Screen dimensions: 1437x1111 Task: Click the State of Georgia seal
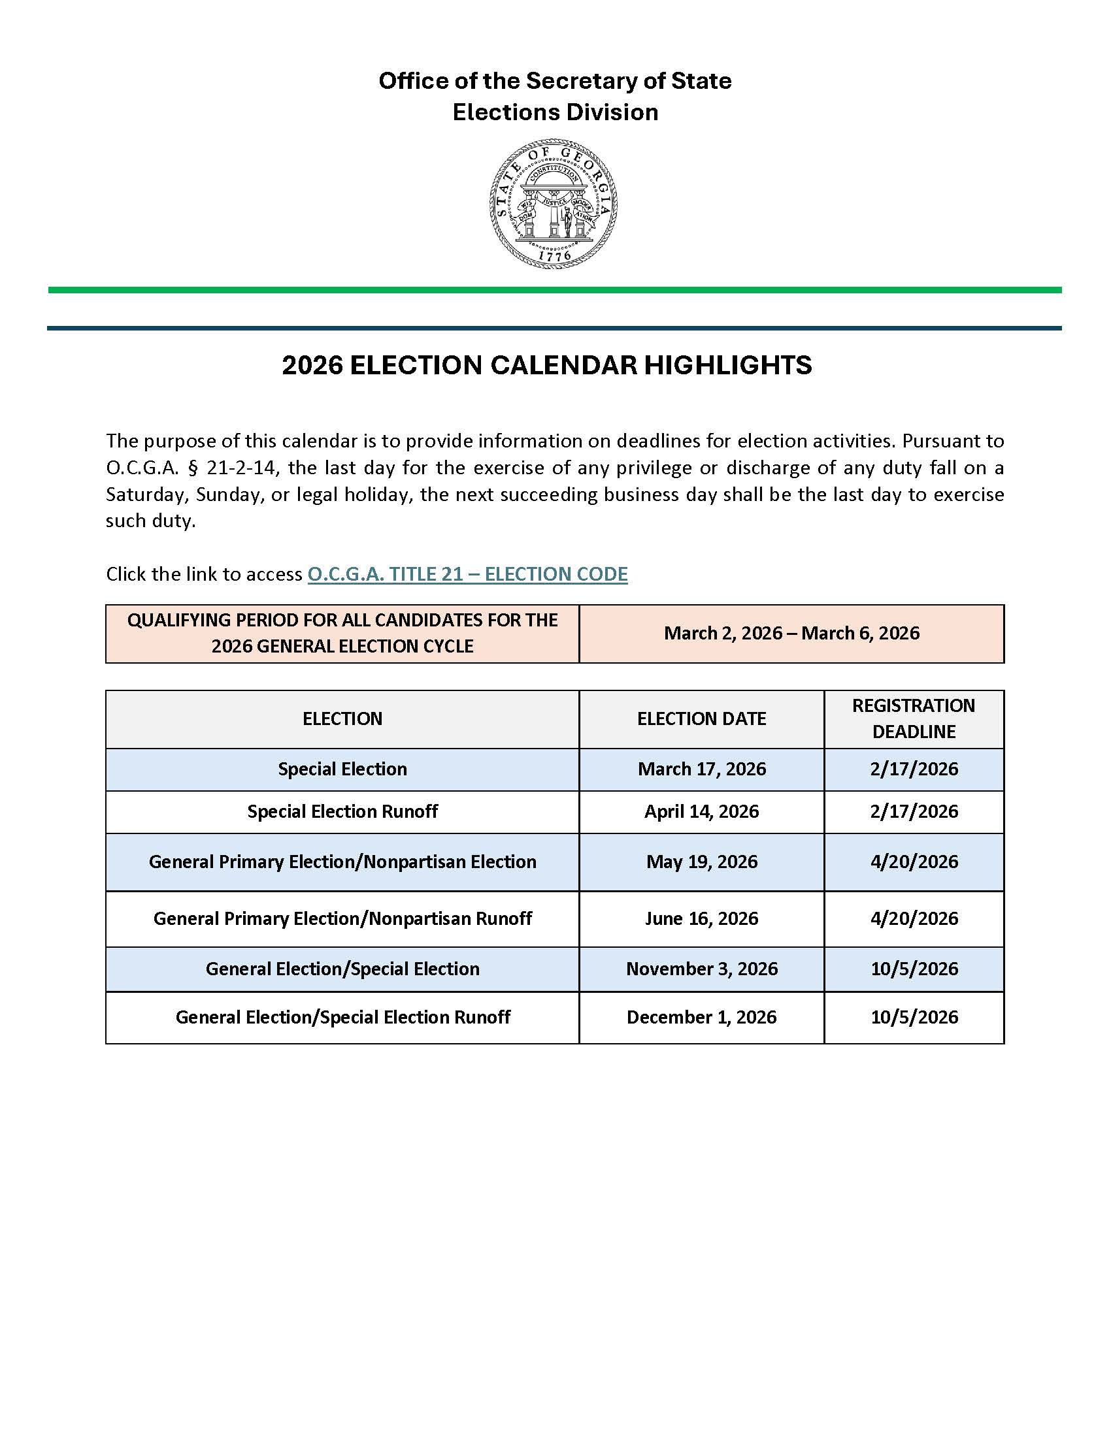[554, 202]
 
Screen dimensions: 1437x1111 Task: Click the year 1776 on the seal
[554, 257]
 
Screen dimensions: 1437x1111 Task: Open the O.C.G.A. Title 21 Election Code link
[467, 574]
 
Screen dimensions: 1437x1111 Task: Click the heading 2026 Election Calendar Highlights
[546, 366]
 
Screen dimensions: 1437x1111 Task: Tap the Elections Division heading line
[555, 112]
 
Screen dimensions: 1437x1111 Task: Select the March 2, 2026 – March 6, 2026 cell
[791, 634]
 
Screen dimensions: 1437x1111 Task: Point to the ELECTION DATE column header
[701, 718]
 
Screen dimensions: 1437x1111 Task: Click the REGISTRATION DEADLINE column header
[914, 718]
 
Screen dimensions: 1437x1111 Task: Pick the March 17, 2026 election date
[702, 769]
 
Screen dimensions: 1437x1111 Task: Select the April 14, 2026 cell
[702, 811]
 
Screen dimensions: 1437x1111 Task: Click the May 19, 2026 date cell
[702, 862]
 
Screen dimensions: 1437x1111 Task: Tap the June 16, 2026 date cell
[702, 918]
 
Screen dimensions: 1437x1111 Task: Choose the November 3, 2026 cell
[702, 969]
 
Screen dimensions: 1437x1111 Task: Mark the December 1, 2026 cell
[702, 1017]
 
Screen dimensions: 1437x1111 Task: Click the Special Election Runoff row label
[342, 811]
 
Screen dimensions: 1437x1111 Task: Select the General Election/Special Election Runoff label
[342, 1017]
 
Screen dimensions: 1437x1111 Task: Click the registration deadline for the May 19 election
[914, 862]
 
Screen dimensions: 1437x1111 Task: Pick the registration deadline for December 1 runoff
[914, 1017]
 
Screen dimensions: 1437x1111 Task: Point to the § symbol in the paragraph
[193, 468]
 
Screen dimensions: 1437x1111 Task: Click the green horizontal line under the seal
[554, 290]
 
